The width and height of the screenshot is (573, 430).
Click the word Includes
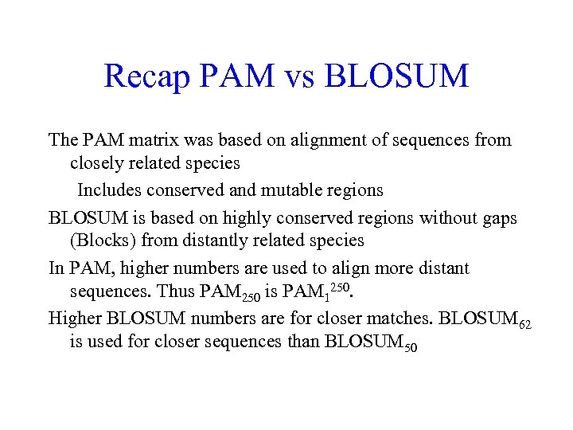[x=109, y=190]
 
